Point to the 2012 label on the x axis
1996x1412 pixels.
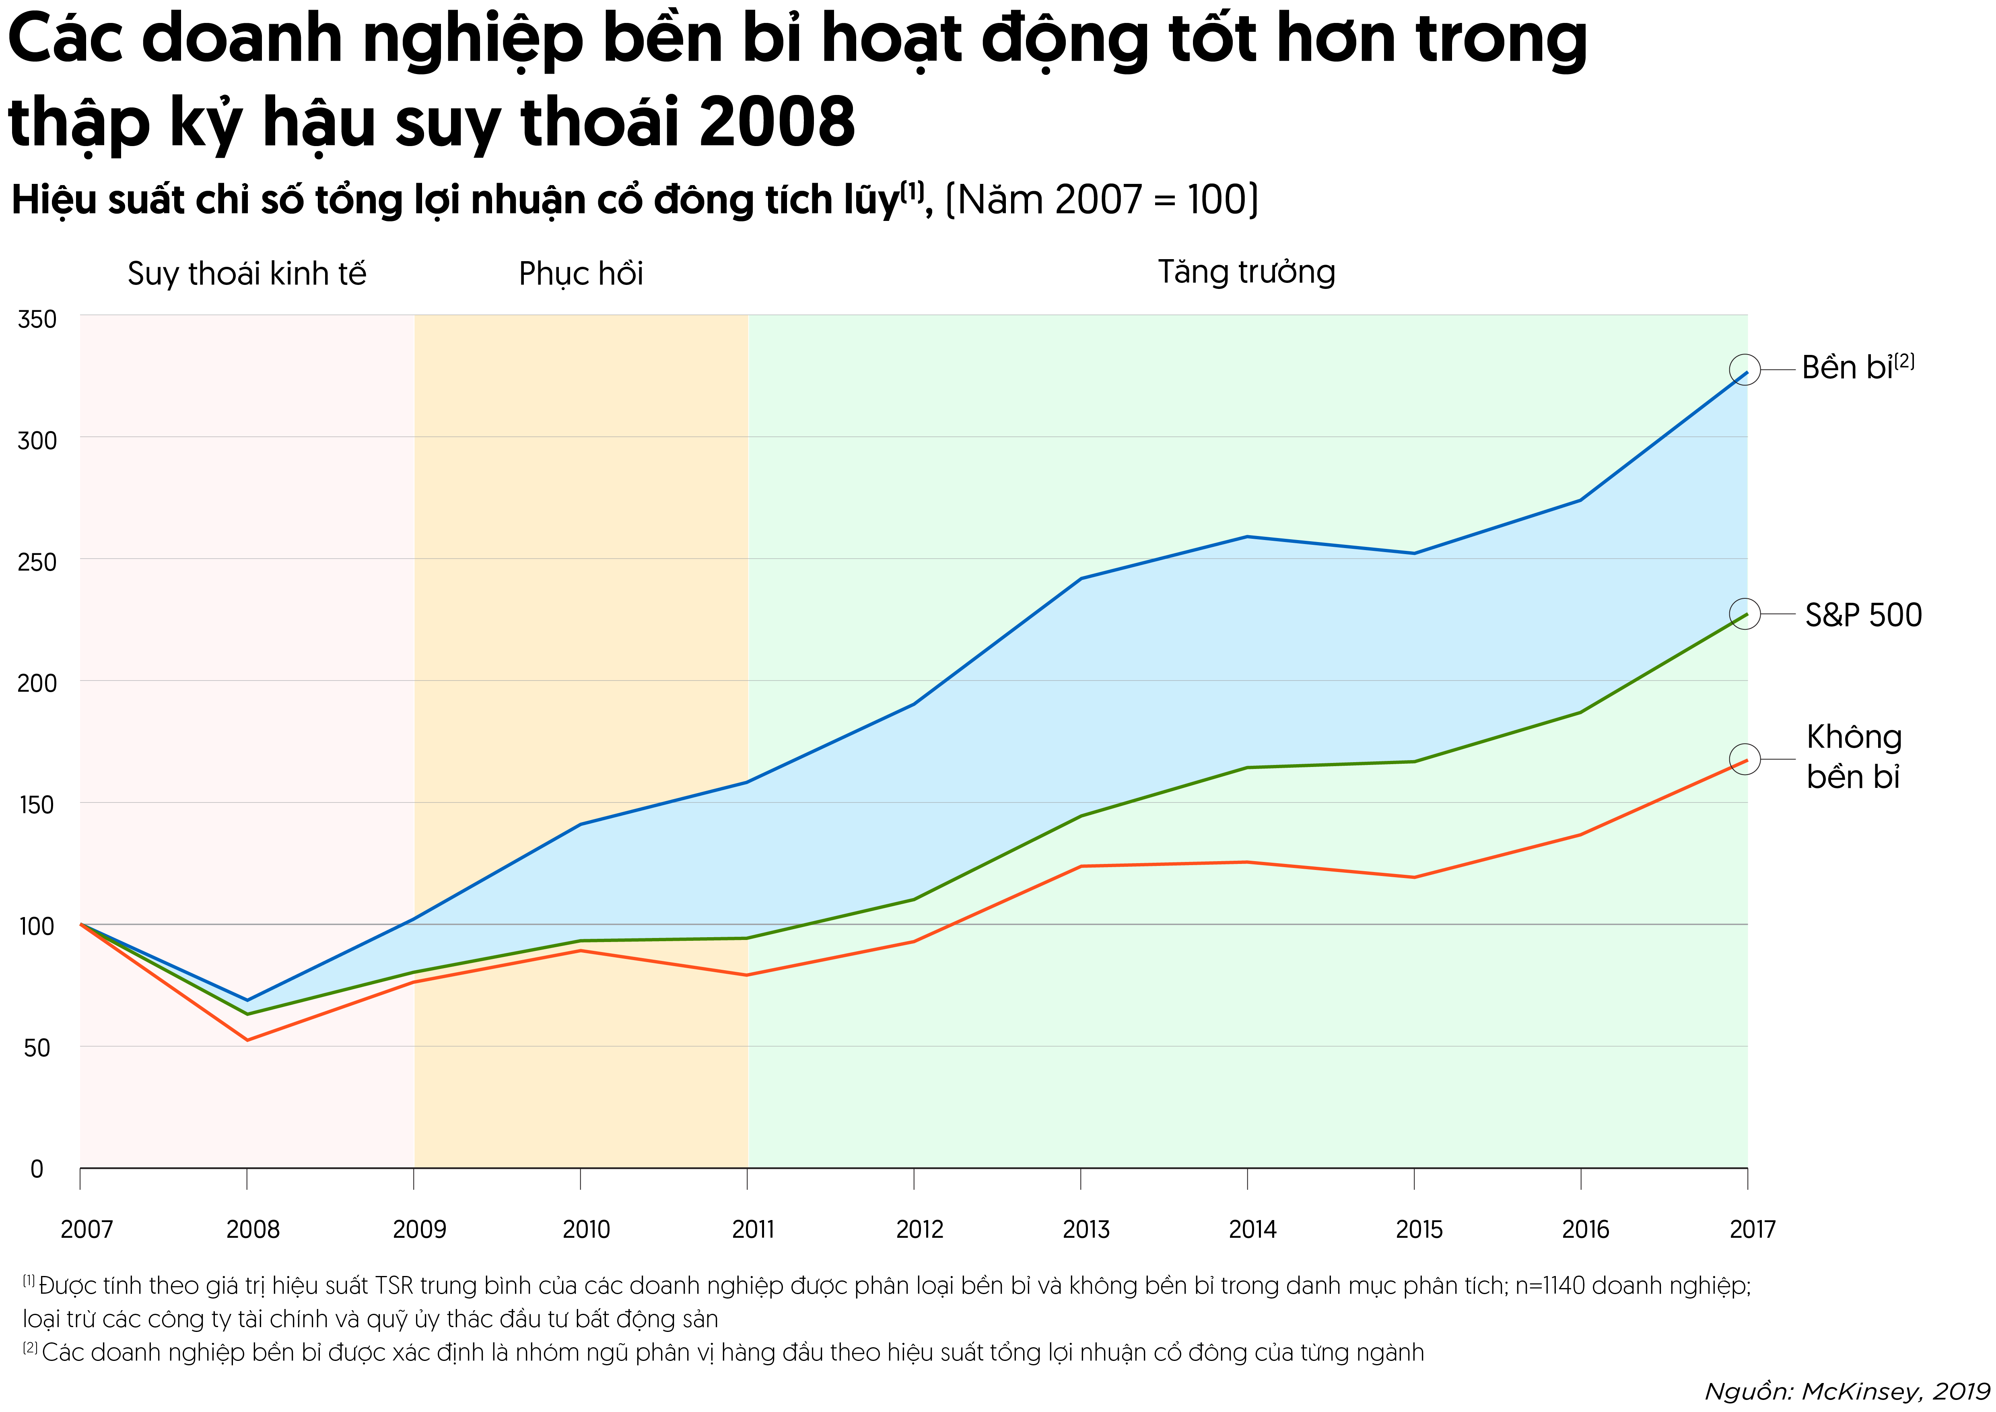click(920, 1229)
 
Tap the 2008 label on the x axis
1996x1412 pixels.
click(253, 1229)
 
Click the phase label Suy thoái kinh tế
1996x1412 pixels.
click(247, 274)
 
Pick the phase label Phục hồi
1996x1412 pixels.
click(581, 274)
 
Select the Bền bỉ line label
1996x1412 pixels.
click(1857, 368)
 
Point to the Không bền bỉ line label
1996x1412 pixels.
click(1854, 757)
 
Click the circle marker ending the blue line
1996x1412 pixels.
click(1745, 369)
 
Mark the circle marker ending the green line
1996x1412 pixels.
click(1745, 614)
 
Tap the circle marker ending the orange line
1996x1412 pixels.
click(1745, 759)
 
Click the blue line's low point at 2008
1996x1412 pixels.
click(247, 1000)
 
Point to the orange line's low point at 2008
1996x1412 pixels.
click(247, 1040)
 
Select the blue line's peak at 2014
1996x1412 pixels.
click(1248, 536)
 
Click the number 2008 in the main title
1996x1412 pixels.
click(777, 122)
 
